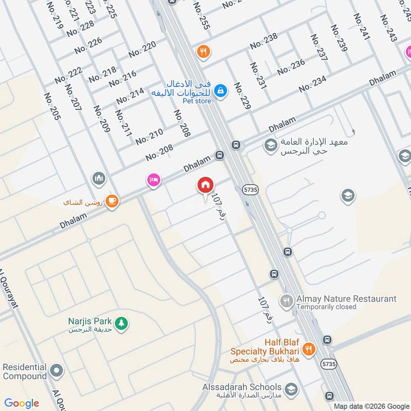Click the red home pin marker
[x=206, y=185]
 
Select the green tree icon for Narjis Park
[x=121, y=323]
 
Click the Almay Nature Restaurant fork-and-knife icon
[x=286, y=300]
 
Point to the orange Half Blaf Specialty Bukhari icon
[x=308, y=349]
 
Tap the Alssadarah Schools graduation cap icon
[x=291, y=388]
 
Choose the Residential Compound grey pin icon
[x=57, y=370]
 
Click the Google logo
[x=22, y=403]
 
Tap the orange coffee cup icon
[x=113, y=201]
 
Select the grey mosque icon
[x=99, y=179]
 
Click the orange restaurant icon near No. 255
[x=203, y=51]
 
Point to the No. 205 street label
[x=53, y=106]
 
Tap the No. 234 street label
[x=312, y=84]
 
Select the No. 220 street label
[x=142, y=50]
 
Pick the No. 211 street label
[x=124, y=123]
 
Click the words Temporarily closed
[x=326, y=307]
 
